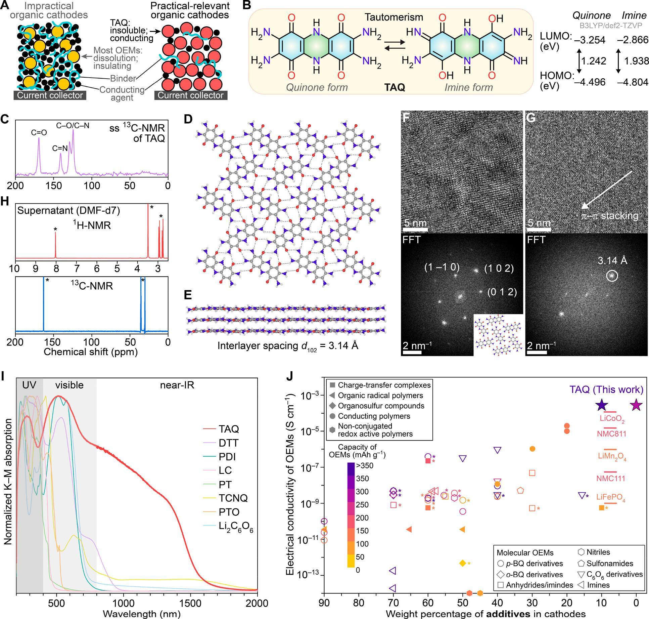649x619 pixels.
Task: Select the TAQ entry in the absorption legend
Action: tap(229, 429)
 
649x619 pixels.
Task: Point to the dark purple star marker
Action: tap(602, 406)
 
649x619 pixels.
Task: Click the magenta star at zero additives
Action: tap(636, 406)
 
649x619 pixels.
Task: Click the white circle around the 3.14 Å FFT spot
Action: tap(612, 276)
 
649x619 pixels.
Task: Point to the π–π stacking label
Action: tap(610, 216)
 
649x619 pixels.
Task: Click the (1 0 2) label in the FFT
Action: tap(499, 269)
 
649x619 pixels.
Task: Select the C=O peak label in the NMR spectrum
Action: tap(39, 133)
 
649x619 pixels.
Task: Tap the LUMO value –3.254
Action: tap(590, 40)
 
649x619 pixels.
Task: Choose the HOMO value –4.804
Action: tap(633, 82)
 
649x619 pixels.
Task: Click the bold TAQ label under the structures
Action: tap(395, 88)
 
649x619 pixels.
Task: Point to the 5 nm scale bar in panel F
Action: tap(415, 230)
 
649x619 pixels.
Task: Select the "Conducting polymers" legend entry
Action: tap(374, 416)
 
